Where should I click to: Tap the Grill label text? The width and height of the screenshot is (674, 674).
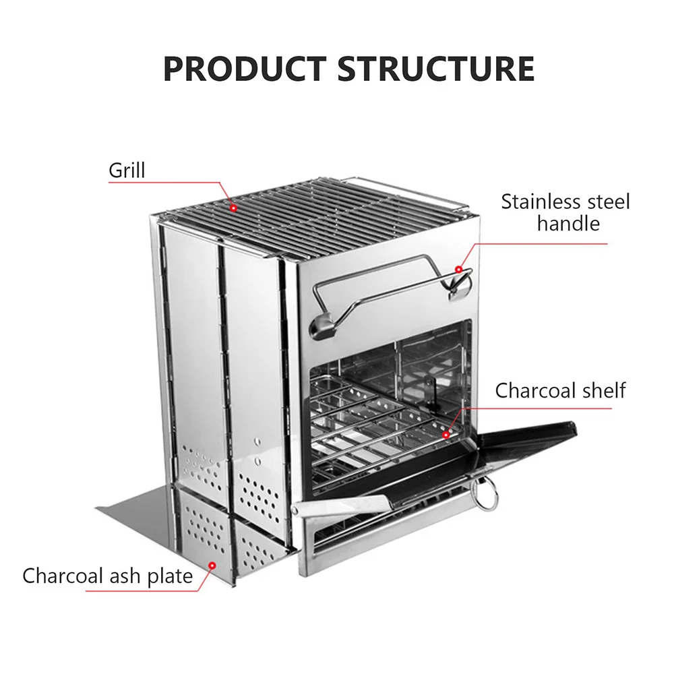pyautogui.click(x=127, y=170)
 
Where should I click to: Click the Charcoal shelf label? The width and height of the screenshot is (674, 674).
pyautogui.click(x=560, y=390)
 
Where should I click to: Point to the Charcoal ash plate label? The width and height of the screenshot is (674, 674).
pyautogui.click(x=107, y=576)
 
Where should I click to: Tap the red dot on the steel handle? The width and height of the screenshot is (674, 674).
pyautogui.click(x=459, y=270)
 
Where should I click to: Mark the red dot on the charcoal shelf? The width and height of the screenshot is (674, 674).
pyautogui.click(x=446, y=435)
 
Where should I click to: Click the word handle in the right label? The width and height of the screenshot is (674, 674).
pyautogui.click(x=568, y=223)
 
